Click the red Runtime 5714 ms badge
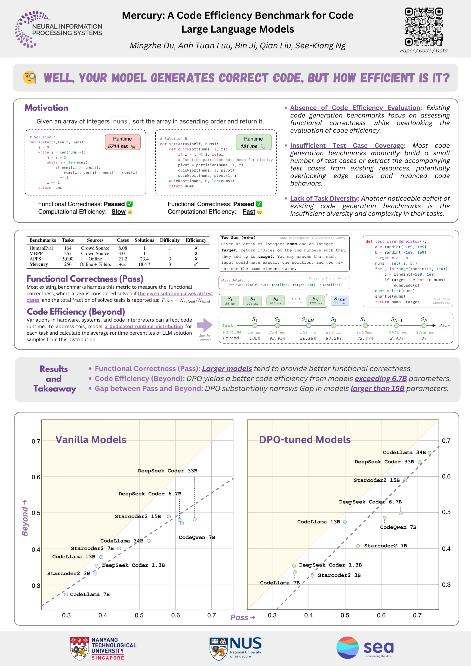click(x=122, y=142)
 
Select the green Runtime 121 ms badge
click(x=253, y=142)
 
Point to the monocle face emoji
click(x=29, y=77)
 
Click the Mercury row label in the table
click(x=39, y=264)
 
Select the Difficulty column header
click(x=170, y=240)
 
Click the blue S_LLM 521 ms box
click(x=340, y=301)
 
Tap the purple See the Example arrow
click(x=205, y=325)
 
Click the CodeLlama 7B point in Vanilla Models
click(x=66, y=594)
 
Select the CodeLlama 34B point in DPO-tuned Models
click(x=430, y=453)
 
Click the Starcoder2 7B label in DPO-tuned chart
click(x=385, y=546)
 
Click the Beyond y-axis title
click(x=25, y=518)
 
